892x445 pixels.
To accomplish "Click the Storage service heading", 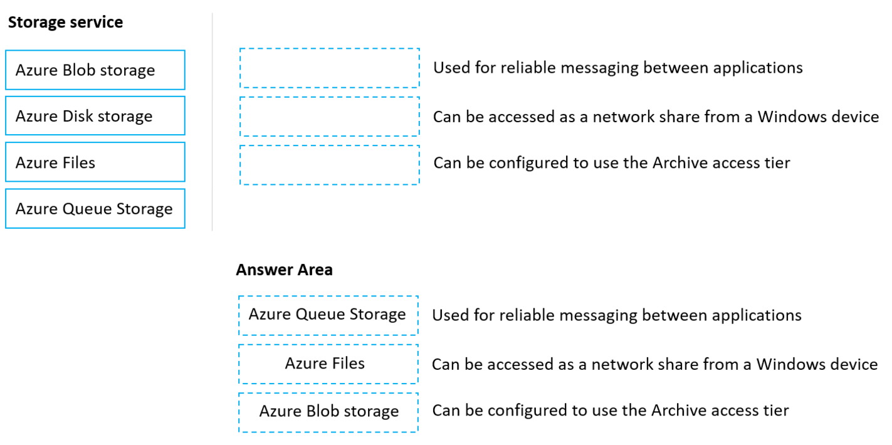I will pos(65,23).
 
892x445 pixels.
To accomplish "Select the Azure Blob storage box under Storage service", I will pos(95,70).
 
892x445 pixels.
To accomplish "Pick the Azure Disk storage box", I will pos(95,116).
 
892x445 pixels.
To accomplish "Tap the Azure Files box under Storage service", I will pos(95,162).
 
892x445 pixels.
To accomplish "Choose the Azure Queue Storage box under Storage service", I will pos(95,209).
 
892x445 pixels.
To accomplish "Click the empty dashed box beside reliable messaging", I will pos(329,68).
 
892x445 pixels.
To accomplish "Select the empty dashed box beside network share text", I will pos(329,117).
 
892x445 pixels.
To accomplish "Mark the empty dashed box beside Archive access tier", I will pos(329,165).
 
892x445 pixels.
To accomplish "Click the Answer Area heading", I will pos(284,270).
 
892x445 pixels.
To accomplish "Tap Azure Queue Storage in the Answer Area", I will pos(327,315).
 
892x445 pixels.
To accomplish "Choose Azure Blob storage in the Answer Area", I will pos(329,412).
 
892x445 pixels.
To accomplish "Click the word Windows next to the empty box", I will pos(787,117).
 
